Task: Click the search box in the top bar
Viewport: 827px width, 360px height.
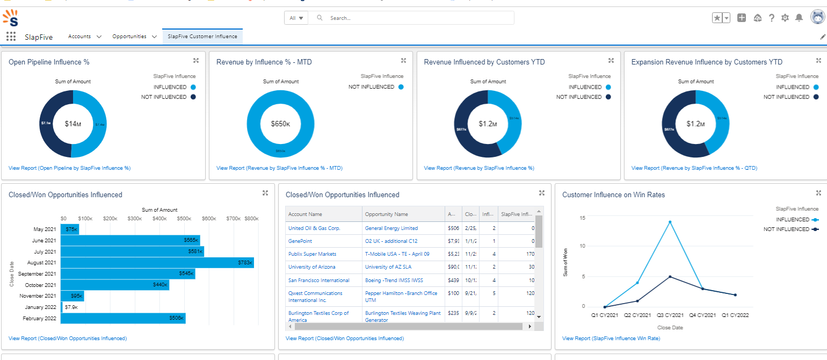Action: pyautogui.click(x=414, y=18)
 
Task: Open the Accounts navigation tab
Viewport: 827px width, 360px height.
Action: pyautogui.click(x=79, y=37)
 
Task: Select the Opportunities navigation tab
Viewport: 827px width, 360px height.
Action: pyautogui.click(x=129, y=37)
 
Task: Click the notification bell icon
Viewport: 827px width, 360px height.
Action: pyautogui.click(x=799, y=18)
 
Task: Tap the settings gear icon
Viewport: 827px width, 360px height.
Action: pyautogui.click(x=785, y=18)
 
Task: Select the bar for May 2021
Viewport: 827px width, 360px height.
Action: pyautogui.click(x=70, y=229)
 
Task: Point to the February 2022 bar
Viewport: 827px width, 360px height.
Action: pyautogui.click(x=123, y=319)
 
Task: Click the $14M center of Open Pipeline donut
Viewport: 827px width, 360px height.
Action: pyautogui.click(x=73, y=124)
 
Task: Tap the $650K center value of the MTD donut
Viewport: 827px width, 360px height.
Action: pyautogui.click(x=280, y=124)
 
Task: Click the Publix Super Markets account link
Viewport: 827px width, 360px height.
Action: pyautogui.click(x=312, y=254)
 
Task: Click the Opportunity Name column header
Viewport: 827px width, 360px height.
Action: pyautogui.click(x=387, y=214)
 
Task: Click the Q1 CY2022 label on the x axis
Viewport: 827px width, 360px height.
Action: pyautogui.click(x=735, y=315)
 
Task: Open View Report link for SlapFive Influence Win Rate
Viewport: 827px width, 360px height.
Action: pyautogui.click(x=611, y=339)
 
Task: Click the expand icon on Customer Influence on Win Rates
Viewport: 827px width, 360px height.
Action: pyautogui.click(x=818, y=193)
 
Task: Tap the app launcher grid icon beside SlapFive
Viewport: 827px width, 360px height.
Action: pyautogui.click(x=10, y=37)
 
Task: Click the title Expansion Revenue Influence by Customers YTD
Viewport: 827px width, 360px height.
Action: pyautogui.click(x=707, y=62)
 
